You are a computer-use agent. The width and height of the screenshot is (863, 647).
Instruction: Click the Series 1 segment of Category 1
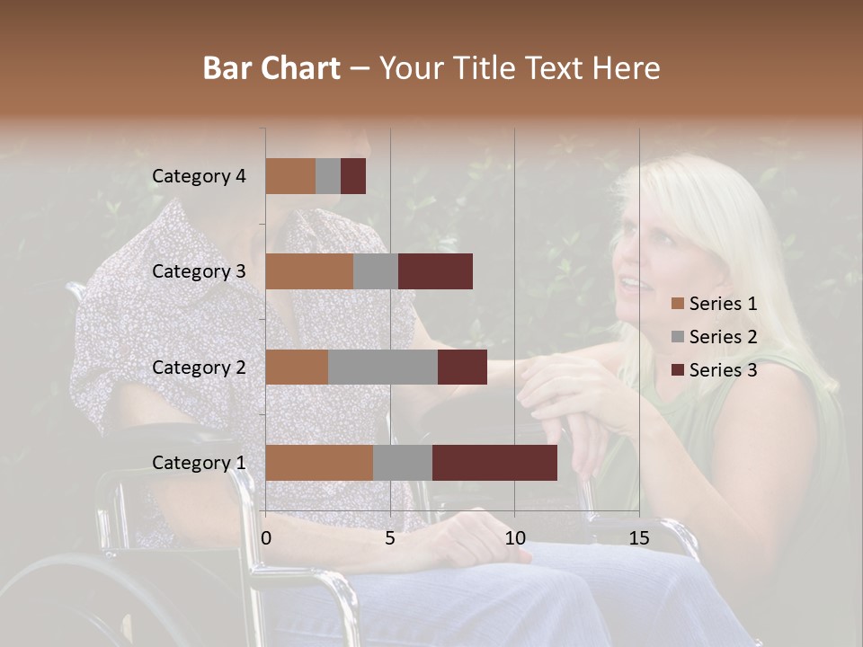pyautogui.click(x=319, y=463)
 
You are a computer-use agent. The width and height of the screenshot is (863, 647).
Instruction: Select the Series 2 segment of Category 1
pyautogui.click(x=402, y=463)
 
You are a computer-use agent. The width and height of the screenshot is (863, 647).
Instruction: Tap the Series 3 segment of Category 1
pyautogui.click(x=494, y=463)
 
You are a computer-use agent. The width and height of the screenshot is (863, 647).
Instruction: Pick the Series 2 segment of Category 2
pyautogui.click(x=383, y=367)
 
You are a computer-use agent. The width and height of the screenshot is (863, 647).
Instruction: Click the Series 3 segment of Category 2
pyautogui.click(x=462, y=367)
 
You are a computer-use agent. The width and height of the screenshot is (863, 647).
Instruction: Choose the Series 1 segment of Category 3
pyautogui.click(x=309, y=271)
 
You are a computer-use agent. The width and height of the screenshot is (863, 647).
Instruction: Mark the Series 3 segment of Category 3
pyautogui.click(x=435, y=271)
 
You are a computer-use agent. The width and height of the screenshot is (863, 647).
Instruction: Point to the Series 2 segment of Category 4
pyautogui.click(x=328, y=176)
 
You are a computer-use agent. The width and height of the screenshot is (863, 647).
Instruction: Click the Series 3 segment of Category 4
pyautogui.click(x=353, y=176)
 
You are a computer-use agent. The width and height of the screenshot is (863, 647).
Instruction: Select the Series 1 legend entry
pyautogui.click(x=714, y=304)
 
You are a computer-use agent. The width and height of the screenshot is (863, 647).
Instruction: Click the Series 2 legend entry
pyautogui.click(x=714, y=337)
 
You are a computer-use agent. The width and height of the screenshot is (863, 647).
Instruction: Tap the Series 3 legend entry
pyautogui.click(x=714, y=370)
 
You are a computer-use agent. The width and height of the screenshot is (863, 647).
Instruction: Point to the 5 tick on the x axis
pyautogui.click(x=390, y=538)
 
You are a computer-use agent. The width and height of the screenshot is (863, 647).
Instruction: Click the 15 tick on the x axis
pyautogui.click(x=638, y=538)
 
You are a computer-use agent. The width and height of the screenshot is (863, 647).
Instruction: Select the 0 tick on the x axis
pyautogui.click(x=266, y=538)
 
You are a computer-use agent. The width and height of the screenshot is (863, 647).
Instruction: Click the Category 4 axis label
pyautogui.click(x=199, y=176)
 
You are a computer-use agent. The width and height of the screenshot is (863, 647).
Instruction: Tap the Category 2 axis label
pyautogui.click(x=199, y=367)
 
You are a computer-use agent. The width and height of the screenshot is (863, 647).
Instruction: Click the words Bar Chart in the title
pyautogui.click(x=271, y=68)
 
